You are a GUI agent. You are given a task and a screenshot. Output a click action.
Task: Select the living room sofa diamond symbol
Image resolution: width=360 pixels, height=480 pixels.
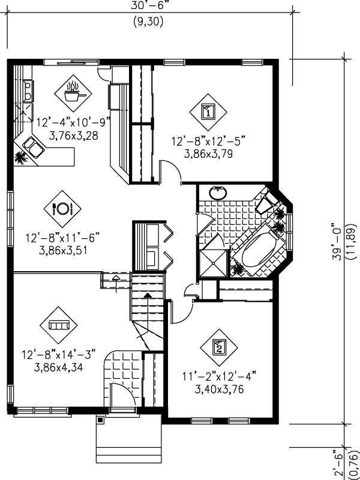[x=58, y=325]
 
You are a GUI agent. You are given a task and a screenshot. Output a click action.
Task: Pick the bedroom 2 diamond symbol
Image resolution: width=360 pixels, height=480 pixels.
[x=218, y=346]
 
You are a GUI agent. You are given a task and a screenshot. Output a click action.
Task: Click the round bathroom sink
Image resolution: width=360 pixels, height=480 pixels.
[x=218, y=193]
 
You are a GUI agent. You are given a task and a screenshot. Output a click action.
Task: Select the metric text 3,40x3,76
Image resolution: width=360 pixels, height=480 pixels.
[x=219, y=389]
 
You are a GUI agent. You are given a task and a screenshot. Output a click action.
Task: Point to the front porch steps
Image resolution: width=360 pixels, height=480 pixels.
[x=127, y=439]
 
